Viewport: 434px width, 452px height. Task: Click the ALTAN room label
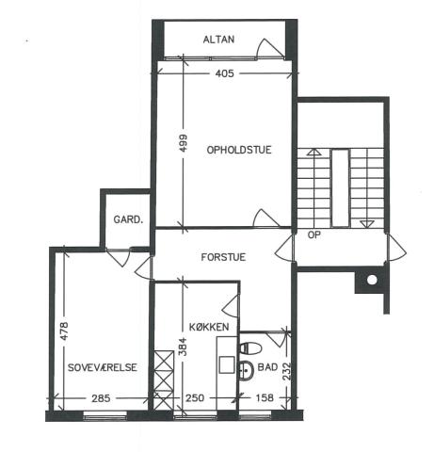(x=218, y=40)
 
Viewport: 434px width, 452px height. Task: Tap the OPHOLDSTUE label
(x=239, y=150)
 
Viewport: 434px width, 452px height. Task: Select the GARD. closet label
(x=128, y=219)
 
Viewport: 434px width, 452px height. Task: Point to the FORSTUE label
(x=223, y=257)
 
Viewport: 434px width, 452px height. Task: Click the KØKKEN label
(x=209, y=327)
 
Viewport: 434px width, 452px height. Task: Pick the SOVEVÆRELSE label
(x=103, y=367)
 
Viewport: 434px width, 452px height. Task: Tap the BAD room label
(x=267, y=367)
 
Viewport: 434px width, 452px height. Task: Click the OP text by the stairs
(x=314, y=234)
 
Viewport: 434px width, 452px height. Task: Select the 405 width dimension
(x=225, y=73)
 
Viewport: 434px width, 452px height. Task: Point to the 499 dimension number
(x=183, y=143)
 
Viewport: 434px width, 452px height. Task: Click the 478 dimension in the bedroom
(x=64, y=331)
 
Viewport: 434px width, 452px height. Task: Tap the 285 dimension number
(x=101, y=398)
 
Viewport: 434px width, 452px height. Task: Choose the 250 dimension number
(x=195, y=398)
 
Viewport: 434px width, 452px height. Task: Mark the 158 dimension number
(x=265, y=397)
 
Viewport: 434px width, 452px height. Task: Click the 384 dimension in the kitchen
(x=183, y=347)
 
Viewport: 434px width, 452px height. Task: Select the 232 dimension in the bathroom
(x=287, y=372)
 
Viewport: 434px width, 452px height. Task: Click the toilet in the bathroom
(x=250, y=348)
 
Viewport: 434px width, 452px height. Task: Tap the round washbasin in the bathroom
(x=246, y=370)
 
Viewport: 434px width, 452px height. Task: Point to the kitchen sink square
(x=227, y=364)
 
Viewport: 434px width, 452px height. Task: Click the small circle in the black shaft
(x=372, y=280)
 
